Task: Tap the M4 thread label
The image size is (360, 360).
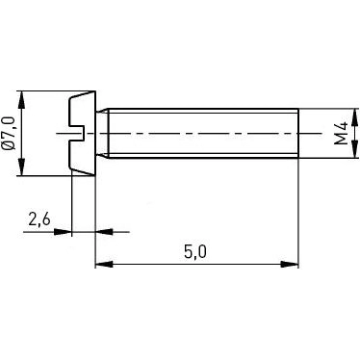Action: (x=342, y=133)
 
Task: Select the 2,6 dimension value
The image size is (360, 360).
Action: (x=40, y=219)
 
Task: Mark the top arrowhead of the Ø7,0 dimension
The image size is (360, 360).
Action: (x=22, y=97)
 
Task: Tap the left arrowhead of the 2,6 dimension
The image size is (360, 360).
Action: (x=64, y=231)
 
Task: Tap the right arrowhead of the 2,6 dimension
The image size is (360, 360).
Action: (x=101, y=231)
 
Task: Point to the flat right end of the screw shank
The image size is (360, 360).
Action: (x=297, y=133)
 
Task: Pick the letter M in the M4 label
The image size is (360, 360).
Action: (x=342, y=139)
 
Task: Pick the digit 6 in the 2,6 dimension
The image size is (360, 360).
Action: (x=48, y=219)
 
